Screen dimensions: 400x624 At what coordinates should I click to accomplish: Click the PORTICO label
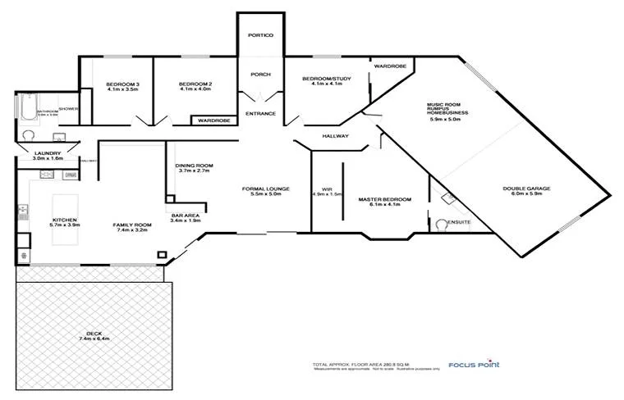(x=260, y=36)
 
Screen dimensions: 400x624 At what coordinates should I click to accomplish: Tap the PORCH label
(x=260, y=75)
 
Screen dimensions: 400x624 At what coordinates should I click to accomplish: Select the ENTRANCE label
(x=260, y=113)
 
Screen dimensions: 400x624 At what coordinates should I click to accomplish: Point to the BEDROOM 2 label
(x=195, y=84)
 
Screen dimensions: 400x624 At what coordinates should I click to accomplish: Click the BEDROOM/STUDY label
(x=327, y=79)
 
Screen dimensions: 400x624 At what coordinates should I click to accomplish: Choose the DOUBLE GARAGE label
(x=526, y=189)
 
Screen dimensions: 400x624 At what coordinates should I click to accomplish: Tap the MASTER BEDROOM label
(x=385, y=199)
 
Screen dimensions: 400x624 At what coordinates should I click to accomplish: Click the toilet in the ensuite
(x=443, y=224)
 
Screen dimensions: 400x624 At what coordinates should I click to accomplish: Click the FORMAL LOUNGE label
(x=262, y=189)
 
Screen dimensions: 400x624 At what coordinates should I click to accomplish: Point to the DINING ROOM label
(x=194, y=166)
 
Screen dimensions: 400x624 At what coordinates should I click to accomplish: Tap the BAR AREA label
(x=186, y=216)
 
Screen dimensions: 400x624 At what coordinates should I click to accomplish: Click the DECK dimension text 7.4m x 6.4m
(x=95, y=338)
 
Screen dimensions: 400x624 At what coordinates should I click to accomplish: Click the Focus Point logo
(x=474, y=365)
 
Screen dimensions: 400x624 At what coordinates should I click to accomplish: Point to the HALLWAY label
(x=336, y=136)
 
